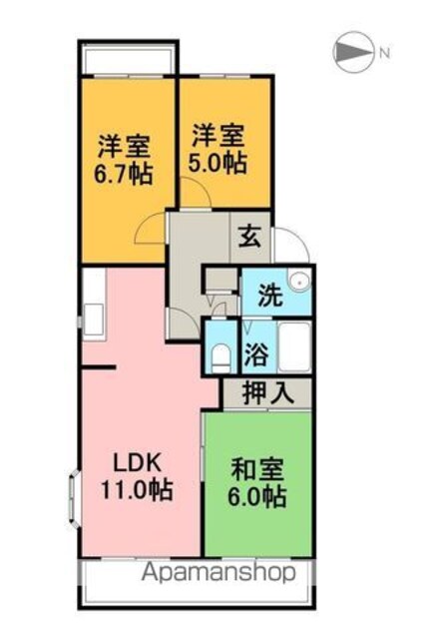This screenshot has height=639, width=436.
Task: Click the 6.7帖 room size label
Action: click(124, 175)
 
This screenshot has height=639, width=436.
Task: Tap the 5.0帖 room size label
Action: click(218, 164)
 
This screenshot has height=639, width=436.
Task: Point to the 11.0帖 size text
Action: click(138, 489)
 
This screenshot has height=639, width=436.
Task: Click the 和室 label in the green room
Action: click(257, 469)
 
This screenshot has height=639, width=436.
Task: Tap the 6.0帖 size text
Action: click(256, 496)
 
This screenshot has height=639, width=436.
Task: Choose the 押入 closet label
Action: click(268, 392)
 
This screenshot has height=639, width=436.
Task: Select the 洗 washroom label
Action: click(270, 296)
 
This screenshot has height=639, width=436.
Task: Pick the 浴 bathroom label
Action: click(256, 354)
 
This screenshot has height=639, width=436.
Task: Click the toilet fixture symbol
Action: click(221, 357)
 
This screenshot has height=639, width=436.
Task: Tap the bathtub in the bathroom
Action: click(294, 346)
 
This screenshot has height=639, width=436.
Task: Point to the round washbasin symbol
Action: click(300, 282)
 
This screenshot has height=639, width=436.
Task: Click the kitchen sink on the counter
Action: click(94, 319)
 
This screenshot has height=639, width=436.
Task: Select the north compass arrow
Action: click(353, 52)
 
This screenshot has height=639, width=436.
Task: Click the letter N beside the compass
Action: click(385, 53)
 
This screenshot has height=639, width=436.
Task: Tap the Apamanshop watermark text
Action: click(218, 572)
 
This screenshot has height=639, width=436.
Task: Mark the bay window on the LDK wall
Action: click(74, 499)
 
